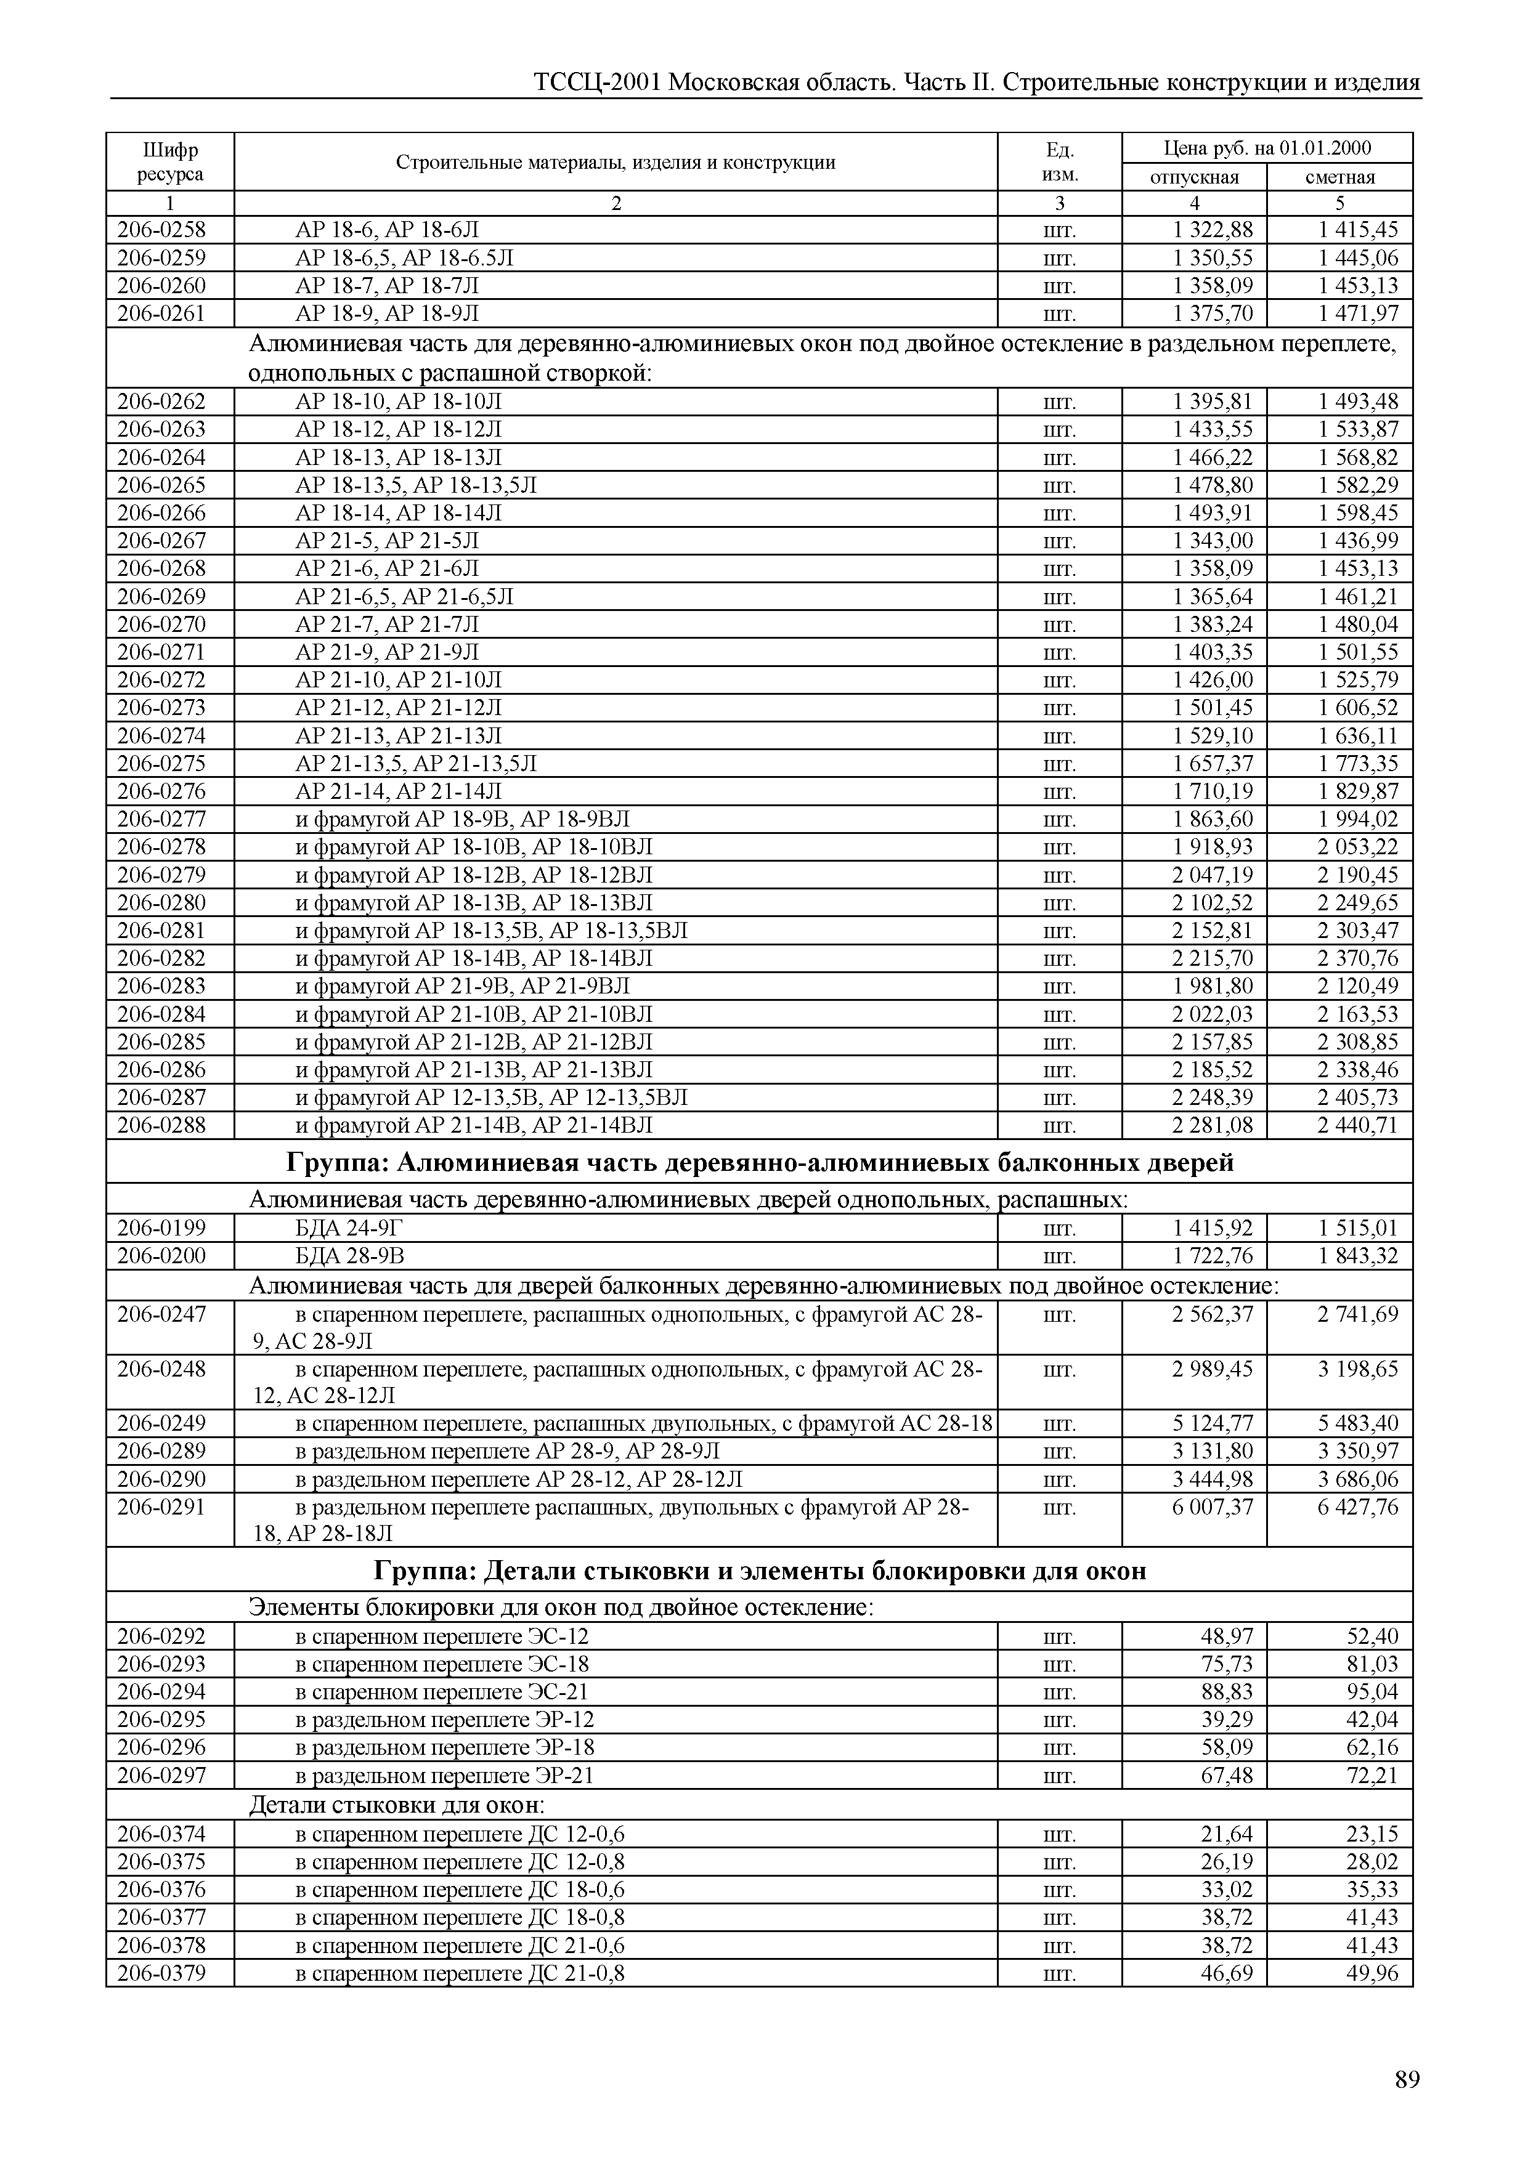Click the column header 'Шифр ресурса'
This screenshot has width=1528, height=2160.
(170, 162)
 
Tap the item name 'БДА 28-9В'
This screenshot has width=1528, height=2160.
(349, 1256)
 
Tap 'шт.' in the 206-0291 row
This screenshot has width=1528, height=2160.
(1060, 1507)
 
